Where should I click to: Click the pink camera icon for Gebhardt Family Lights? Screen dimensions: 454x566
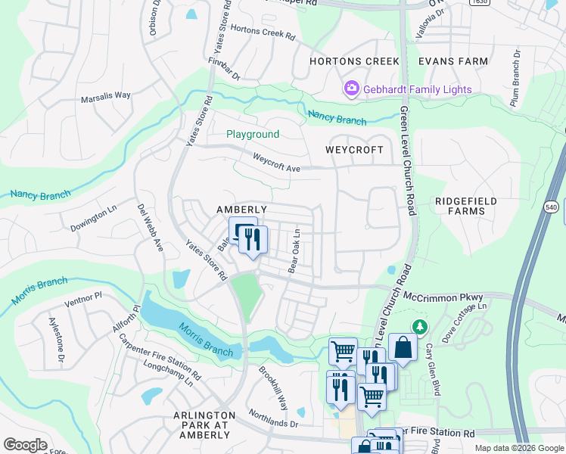(352, 89)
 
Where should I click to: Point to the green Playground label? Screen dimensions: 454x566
(253, 134)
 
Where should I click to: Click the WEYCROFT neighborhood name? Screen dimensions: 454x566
(355, 150)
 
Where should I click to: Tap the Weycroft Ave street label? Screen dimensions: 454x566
(276, 163)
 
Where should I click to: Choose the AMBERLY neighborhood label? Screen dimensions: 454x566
(241, 210)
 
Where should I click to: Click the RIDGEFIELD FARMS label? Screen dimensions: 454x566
(460, 206)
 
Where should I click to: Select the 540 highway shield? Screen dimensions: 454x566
(550, 206)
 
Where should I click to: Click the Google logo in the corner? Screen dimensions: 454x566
(25, 445)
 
